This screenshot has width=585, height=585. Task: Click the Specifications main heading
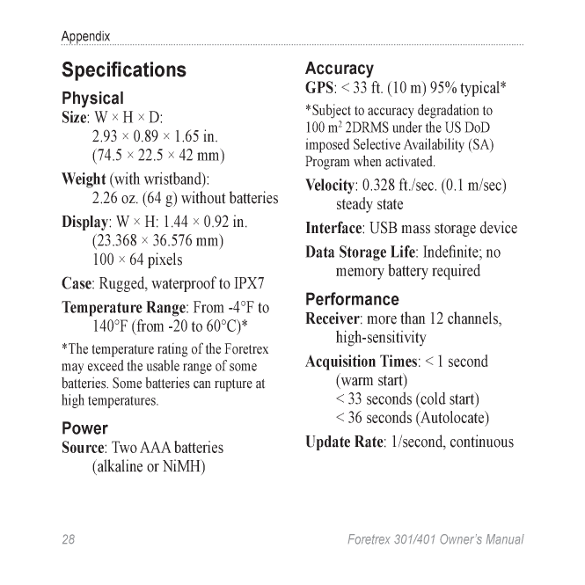(124, 69)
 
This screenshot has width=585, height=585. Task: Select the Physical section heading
(92, 98)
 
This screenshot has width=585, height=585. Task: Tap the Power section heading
(84, 428)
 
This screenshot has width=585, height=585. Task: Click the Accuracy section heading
(339, 69)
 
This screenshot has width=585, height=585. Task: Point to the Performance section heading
(352, 299)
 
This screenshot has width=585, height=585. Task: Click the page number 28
(69, 539)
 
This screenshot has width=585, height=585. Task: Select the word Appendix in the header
(85, 37)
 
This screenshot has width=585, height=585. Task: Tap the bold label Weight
(84, 179)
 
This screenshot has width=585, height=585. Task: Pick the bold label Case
(76, 284)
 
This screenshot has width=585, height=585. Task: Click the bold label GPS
(318, 88)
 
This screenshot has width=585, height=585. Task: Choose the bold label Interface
(333, 228)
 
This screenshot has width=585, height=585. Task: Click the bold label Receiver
(333, 318)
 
